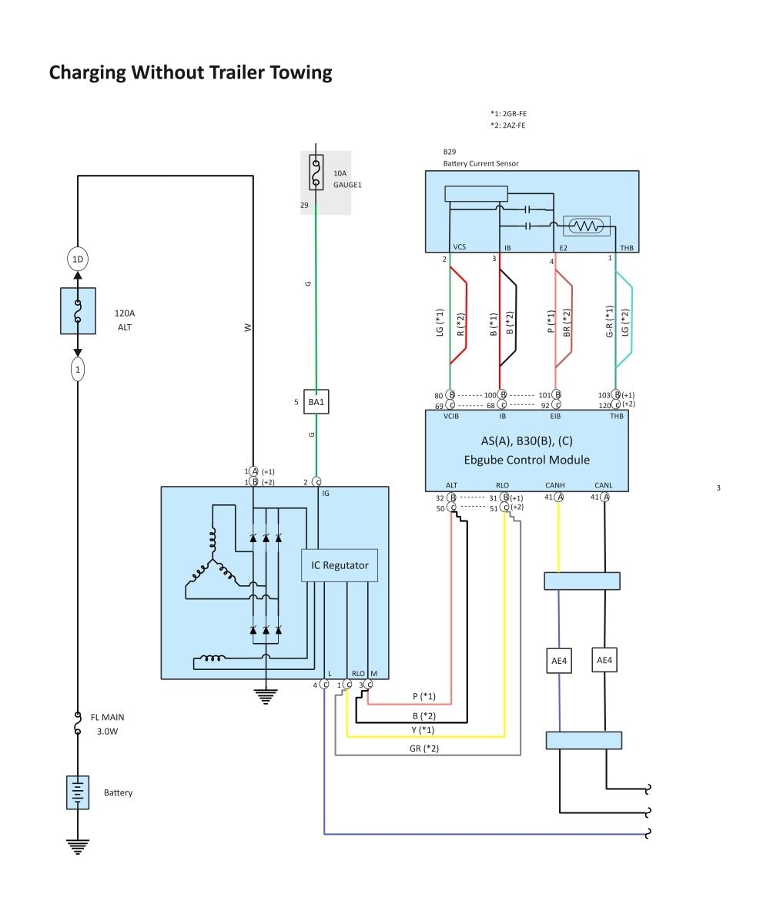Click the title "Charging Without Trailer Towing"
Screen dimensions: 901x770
point(190,73)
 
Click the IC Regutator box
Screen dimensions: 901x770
point(340,565)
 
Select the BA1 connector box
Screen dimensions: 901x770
point(316,401)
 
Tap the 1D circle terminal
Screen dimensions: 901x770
point(78,260)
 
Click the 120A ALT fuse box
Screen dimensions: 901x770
point(78,311)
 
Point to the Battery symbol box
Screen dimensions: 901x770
point(78,792)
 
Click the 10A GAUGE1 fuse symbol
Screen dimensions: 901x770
point(316,172)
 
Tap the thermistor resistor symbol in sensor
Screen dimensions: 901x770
point(587,226)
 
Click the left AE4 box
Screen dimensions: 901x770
point(559,661)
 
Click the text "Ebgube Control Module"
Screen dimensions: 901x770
point(527,460)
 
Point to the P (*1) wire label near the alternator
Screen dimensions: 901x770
point(423,696)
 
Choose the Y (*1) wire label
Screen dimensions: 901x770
point(423,730)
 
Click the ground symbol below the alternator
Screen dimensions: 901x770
point(266,696)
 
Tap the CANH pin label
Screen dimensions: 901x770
point(555,485)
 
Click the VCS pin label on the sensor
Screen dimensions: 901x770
point(460,247)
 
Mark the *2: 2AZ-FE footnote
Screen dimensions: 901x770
point(508,125)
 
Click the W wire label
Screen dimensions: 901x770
point(247,327)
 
